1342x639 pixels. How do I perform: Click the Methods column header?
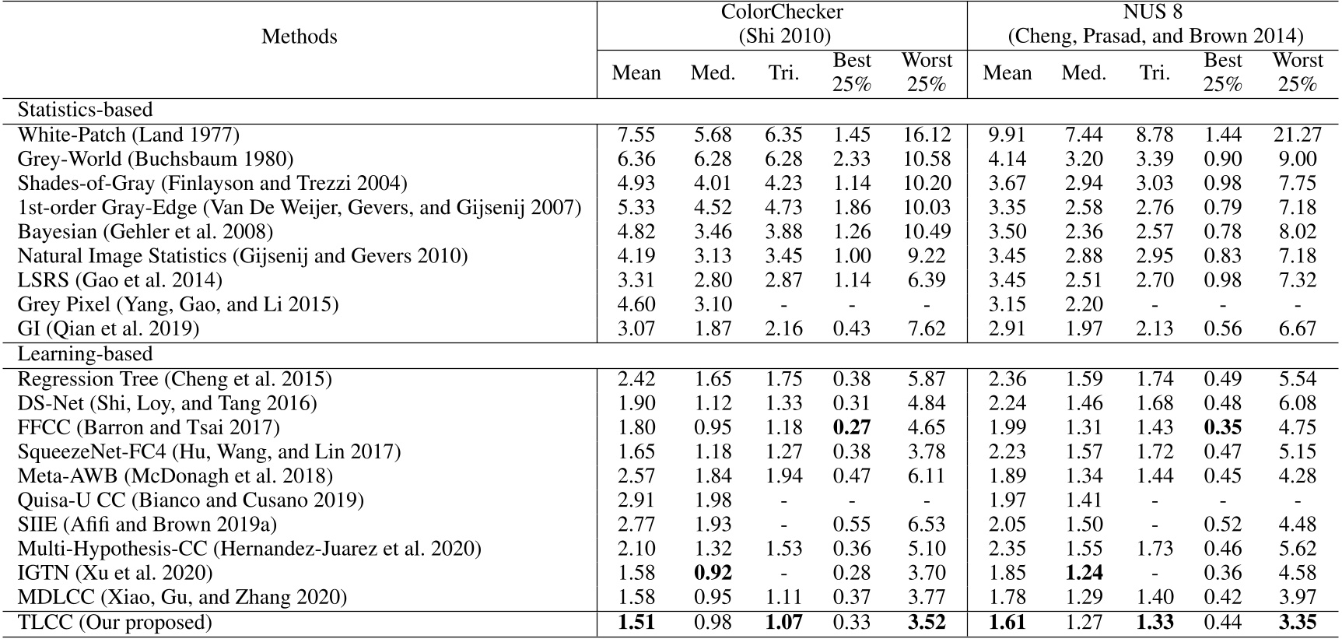coord(299,37)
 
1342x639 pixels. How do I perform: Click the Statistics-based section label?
coord(85,110)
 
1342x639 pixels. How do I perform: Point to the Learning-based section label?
coord(85,354)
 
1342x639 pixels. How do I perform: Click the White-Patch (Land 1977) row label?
coord(128,135)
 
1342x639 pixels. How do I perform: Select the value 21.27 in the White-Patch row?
coord(1297,135)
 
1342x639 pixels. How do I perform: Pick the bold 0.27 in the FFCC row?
coord(851,427)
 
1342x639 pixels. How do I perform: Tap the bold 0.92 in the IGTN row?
coord(713,574)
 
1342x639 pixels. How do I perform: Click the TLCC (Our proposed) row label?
coord(114,623)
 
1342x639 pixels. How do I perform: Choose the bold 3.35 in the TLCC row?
coord(1297,623)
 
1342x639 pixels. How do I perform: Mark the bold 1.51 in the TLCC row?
coord(636,623)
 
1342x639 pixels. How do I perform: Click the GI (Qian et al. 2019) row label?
coord(108,328)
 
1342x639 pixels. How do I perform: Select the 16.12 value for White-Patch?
coord(927,135)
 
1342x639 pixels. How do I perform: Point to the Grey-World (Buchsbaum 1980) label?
coord(156,159)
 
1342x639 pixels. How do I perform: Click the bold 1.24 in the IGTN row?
coord(1084,574)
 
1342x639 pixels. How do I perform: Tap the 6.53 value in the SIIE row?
coord(927,525)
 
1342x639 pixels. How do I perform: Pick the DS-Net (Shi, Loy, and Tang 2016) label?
coord(167,403)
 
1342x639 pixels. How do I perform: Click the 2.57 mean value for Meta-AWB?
coord(636,476)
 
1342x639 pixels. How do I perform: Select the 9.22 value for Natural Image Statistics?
coord(927,256)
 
